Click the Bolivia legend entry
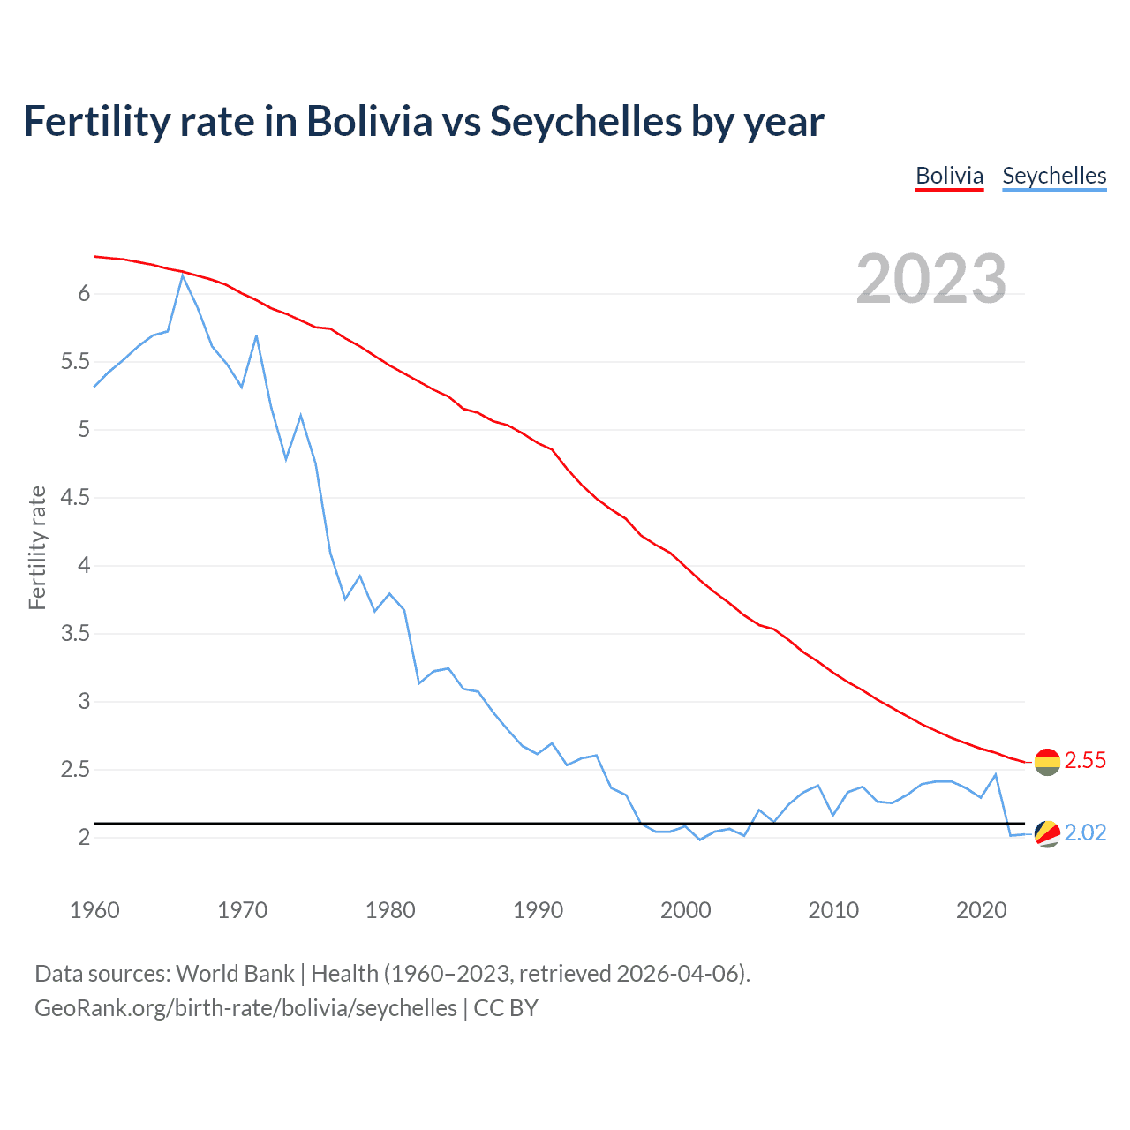coord(949,176)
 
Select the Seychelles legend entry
coord(1054,176)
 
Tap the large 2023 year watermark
coord(931,279)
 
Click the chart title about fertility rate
coord(424,121)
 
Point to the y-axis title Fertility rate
coord(37,547)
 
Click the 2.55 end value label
coord(1085,760)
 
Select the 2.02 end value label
coord(1085,832)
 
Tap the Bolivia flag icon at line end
coord(1047,761)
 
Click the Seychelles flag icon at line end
coord(1047,833)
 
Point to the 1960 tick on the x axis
coord(94,910)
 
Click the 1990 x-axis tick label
coord(538,910)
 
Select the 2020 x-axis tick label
coord(981,910)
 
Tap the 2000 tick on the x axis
coord(685,910)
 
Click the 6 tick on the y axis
coord(85,294)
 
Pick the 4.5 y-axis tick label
coord(75,498)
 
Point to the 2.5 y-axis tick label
coord(75,770)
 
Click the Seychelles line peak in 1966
coord(183,275)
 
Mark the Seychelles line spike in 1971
coord(256,335)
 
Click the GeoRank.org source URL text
coord(245,1008)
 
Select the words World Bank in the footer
coord(235,974)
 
